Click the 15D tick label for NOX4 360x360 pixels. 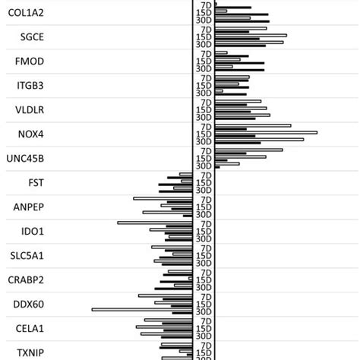click(x=204, y=134)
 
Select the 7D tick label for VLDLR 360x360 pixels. click(x=204, y=103)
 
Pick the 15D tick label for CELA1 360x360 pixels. click(x=204, y=328)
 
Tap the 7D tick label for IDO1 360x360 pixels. click(x=204, y=223)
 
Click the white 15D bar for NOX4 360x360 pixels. click(x=266, y=132)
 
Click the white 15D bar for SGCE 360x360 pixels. click(x=251, y=35)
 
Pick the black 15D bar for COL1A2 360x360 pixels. click(x=242, y=14)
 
